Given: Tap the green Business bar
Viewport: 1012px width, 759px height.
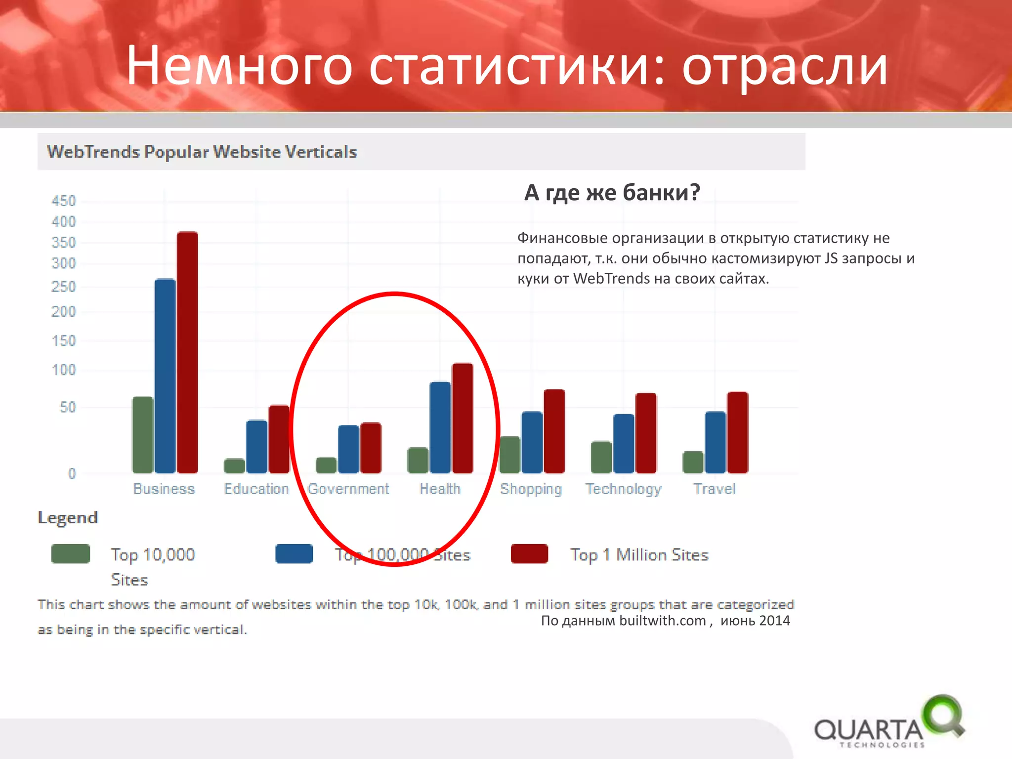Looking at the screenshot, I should [143, 435].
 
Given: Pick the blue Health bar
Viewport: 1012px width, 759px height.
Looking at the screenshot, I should [440, 427].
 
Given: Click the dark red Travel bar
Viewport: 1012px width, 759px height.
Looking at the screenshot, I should [737, 432].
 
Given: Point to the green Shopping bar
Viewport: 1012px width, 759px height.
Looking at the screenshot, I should [510, 455].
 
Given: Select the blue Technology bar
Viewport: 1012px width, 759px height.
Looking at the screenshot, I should [624, 443].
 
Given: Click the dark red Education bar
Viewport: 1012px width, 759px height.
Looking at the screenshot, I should [279, 439].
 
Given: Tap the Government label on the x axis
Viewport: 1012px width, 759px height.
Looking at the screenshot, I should [348, 489].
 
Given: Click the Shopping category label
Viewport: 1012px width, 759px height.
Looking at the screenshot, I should [531, 489].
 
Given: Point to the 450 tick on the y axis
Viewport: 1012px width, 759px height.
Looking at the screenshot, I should [64, 201].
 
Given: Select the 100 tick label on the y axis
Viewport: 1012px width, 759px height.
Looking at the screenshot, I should [64, 370].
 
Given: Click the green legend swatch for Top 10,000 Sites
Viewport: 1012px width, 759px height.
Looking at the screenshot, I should [71, 554].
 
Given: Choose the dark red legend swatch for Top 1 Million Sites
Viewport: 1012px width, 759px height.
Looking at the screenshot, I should [529, 554].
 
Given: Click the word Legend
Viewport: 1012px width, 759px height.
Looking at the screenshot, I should [68, 517].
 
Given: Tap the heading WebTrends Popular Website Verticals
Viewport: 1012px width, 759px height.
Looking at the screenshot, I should [202, 152].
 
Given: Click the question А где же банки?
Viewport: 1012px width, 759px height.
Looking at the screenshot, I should [612, 192].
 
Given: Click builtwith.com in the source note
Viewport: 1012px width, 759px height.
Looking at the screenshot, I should [662, 621].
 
